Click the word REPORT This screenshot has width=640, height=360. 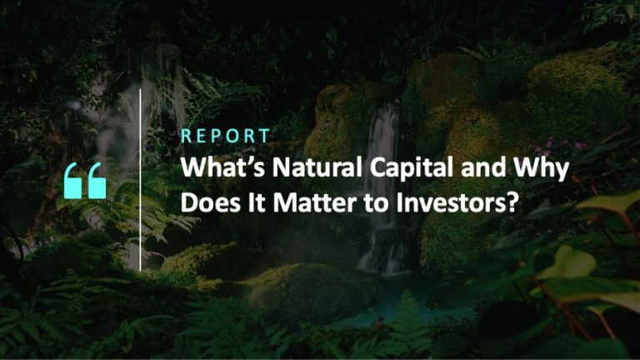(x=225, y=136)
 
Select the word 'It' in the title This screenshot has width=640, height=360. (x=257, y=202)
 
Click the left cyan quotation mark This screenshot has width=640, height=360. (x=73, y=181)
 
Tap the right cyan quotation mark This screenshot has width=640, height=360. (x=97, y=181)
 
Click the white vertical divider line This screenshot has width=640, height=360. (x=140, y=180)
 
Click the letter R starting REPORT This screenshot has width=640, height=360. (x=186, y=136)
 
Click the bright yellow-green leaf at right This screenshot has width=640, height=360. (x=567, y=263)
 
